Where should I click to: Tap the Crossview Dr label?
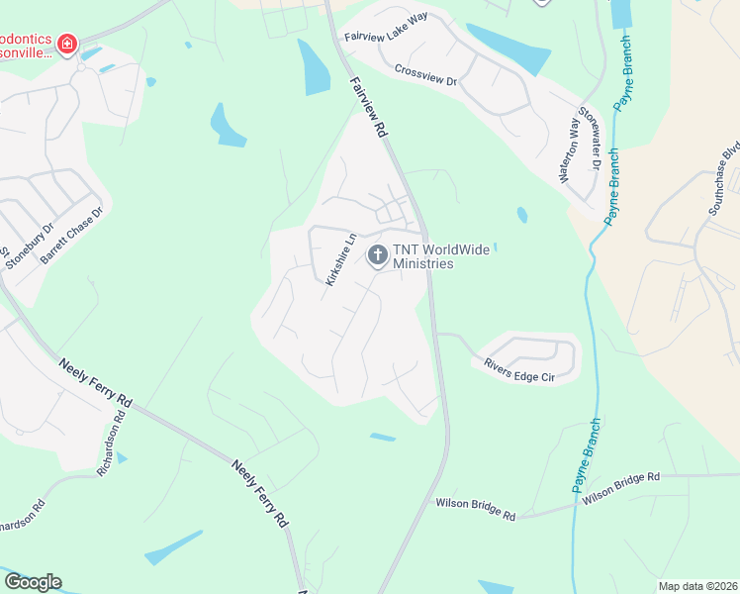tap(424, 74)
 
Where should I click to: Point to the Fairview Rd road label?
tap(367, 105)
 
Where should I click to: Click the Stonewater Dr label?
tap(591, 138)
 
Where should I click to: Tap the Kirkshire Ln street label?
tap(340, 259)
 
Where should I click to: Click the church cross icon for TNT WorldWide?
tap(377, 255)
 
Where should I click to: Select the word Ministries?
tap(422, 264)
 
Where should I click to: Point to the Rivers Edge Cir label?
tap(519, 367)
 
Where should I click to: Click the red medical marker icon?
tap(67, 44)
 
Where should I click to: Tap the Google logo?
tap(33, 582)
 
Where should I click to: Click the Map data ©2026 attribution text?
tap(697, 586)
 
